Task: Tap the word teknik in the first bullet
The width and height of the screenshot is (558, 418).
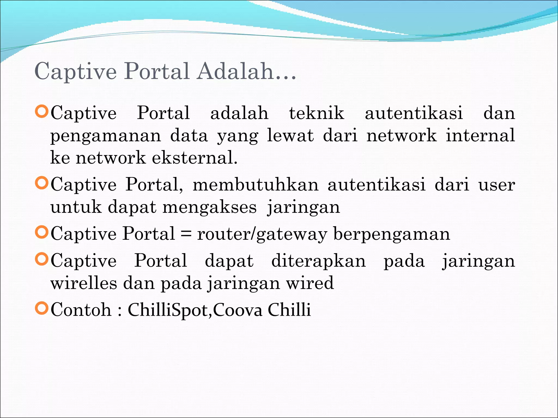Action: pyautogui.click(x=317, y=113)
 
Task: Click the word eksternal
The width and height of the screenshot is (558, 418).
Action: pyautogui.click(x=195, y=158)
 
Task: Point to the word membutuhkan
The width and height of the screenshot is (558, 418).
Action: pyautogui.click(x=256, y=185)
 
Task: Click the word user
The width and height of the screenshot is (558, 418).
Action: pyautogui.click(x=496, y=185)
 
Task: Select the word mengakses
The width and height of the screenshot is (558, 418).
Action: pyautogui.click(x=210, y=207)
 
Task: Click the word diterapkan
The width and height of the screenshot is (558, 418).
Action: pyautogui.click(x=319, y=261)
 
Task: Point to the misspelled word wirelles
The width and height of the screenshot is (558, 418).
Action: pyautogui.click(x=84, y=283)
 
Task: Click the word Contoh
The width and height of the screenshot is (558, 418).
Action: pyautogui.click(x=81, y=310)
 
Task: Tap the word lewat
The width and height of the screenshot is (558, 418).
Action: pyautogui.click(x=290, y=136)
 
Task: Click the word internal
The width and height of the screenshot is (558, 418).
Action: pyautogui.click(x=480, y=136)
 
